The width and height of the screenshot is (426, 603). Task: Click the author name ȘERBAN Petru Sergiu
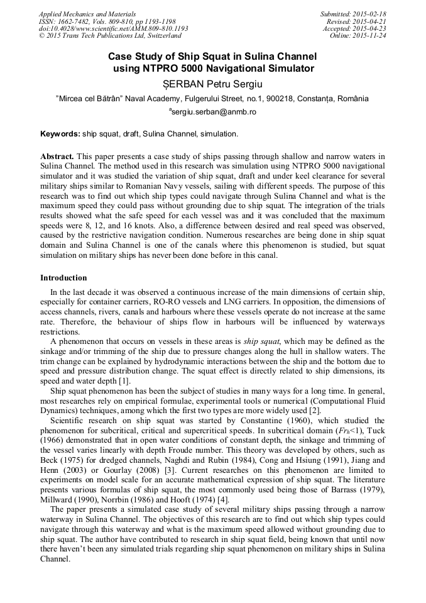pos(212,83)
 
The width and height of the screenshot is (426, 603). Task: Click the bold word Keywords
pos(60,134)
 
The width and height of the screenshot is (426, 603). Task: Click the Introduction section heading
pos(63,277)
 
